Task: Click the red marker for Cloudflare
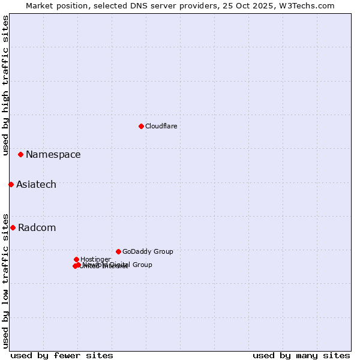click(141, 126)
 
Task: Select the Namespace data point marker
click(20, 154)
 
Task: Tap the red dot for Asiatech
click(11, 184)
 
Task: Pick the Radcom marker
click(13, 227)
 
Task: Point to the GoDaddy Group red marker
click(118, 251)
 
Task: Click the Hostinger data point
click(76, 259)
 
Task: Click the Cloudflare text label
click(161, 126)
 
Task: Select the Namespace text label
click(53, 154)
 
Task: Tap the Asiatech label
click(36, 184)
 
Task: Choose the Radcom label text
click(37, 227)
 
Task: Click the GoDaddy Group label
click(147, 251)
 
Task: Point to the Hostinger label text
click(95, 259)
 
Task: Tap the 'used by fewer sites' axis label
click(62, 355)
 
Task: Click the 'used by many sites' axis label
click(301, 355)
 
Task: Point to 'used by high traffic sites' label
click(5, 85)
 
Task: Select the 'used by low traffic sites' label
click(5, 280)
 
